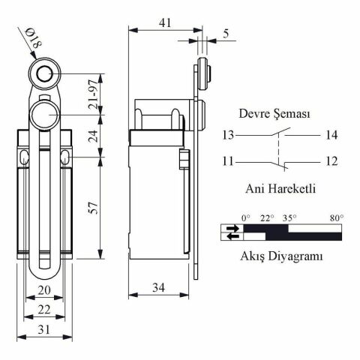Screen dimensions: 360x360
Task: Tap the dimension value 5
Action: pyautogui.click(x=226, y=34)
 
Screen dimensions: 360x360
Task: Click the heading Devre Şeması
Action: pyautogui.click(x=274, y=114)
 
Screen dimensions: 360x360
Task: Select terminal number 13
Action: pyautogui.click(x=228, y=135)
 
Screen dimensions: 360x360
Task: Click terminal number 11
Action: pyautogui.click(x=228, y=160)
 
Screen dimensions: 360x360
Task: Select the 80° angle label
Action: pyautogui.click(x=336, y=218)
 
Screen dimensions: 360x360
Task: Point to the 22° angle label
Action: pyautogui.click(x=267, y=218)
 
